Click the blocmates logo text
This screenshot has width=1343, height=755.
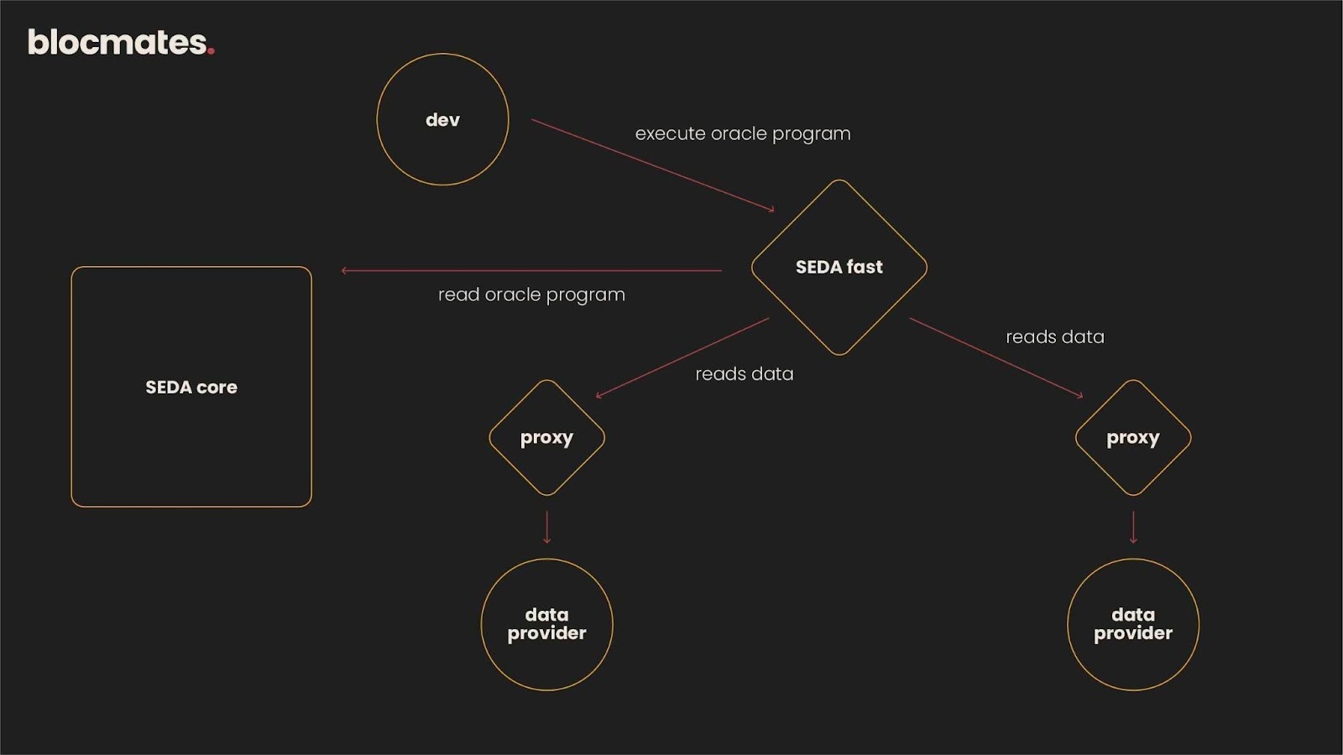[x=118, y=43]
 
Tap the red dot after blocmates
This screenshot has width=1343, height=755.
[x=211, y=51]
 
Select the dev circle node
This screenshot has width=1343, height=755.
[x=442, y=119]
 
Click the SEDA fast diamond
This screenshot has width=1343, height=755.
[x=839, y=267]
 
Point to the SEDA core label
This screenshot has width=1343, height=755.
[x=191, y=387]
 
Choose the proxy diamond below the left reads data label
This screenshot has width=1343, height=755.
[x=546, y=437]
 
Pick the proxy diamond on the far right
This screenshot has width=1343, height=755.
[x=1132, y=437]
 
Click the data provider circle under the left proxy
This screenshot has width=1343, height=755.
[x=546, y=624]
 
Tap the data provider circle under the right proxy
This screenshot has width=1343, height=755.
[x=1132, y=624]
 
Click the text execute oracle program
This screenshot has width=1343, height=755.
[x=742, y=133]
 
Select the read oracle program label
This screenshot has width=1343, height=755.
[x=531, y=294]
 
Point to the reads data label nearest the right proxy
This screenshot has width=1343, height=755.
[x=1054, y=336]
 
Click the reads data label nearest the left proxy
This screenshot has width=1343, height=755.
[x=744, y=373]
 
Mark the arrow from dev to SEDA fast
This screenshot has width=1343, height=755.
[x=652, y=165]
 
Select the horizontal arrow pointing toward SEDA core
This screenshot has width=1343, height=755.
[x=531, y=270]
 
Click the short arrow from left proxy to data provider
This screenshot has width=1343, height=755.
[x=546, y=527]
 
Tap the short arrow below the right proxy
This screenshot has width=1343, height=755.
[x=1133, y=527]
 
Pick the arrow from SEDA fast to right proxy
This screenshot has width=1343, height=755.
[x=995, y=357]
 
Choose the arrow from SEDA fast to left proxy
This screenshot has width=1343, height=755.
[x=682, y=357]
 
